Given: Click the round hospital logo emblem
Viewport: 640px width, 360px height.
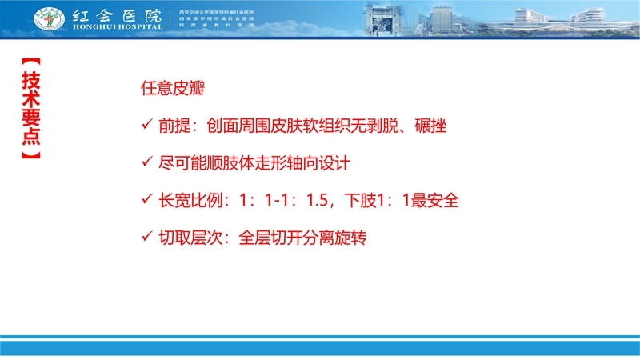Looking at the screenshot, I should pos(50,18).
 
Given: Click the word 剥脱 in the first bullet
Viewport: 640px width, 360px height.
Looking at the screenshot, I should pos(376,126).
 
